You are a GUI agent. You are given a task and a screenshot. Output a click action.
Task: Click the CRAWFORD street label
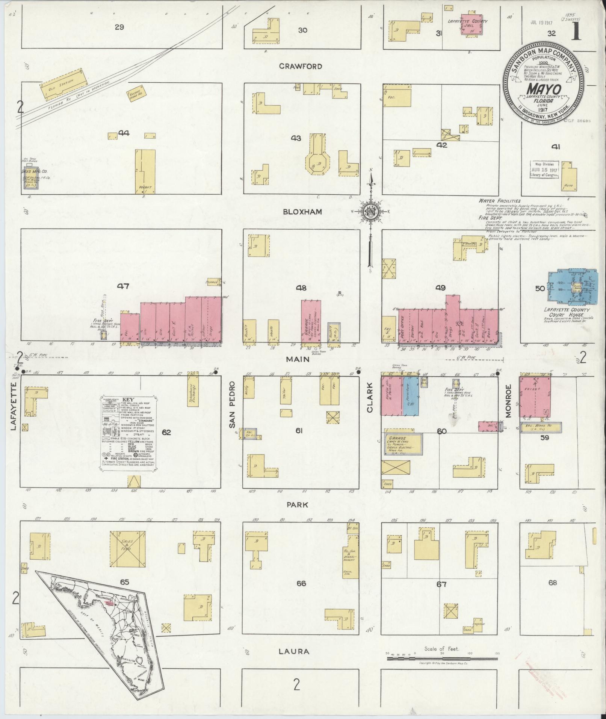tap(301, 66)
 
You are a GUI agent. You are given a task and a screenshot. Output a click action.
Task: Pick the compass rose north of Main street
tap(370, 215)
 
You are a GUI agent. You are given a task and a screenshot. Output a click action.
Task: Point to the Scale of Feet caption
tap(442, 649)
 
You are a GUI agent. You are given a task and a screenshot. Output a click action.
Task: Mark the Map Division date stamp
tap(544, 170)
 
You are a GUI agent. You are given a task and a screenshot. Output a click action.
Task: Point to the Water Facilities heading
tap(499, 201)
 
